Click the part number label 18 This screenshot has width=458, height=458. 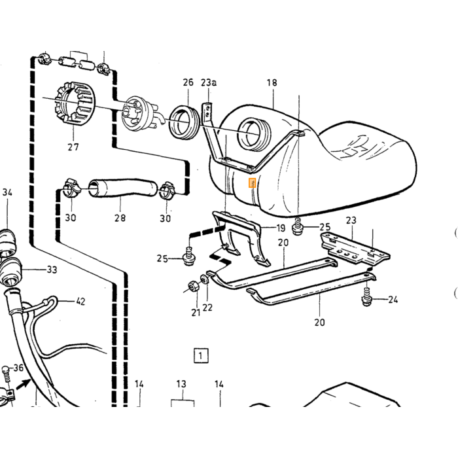click(272, 82)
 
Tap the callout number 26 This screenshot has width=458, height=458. click(188, 82)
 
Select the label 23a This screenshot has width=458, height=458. click(209, 82)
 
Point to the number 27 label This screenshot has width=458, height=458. click(73, 147)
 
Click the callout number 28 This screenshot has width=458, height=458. click(120, 218)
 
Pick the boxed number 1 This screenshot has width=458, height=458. click(201, 355)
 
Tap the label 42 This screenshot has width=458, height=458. click(80, 301)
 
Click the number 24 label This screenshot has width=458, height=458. click(393, 300)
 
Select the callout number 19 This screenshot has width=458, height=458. click(281, 228)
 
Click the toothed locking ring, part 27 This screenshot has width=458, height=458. click(73, 103)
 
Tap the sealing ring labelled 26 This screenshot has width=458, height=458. click(184, 123)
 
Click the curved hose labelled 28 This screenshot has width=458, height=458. click(123, 188)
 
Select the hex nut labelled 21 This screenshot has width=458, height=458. click(194, 286)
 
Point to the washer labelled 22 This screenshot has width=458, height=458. click(204, 279)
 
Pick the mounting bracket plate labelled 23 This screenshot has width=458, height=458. click(355, 248)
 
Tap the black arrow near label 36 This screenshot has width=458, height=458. click(24, 383)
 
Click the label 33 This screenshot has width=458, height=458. click(52, 270)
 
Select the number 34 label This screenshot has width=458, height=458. click(7, 192)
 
